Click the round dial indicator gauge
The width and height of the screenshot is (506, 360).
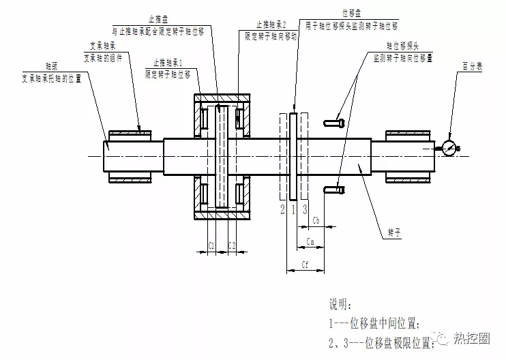click(449, 148)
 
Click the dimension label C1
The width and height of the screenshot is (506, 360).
click(211, 245)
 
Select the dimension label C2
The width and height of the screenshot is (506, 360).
click(232, 245)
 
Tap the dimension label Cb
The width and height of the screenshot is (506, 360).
click(316, 220)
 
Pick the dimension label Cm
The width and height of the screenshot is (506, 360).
click(310, 241)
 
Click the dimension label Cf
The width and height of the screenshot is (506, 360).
click(305, 263)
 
